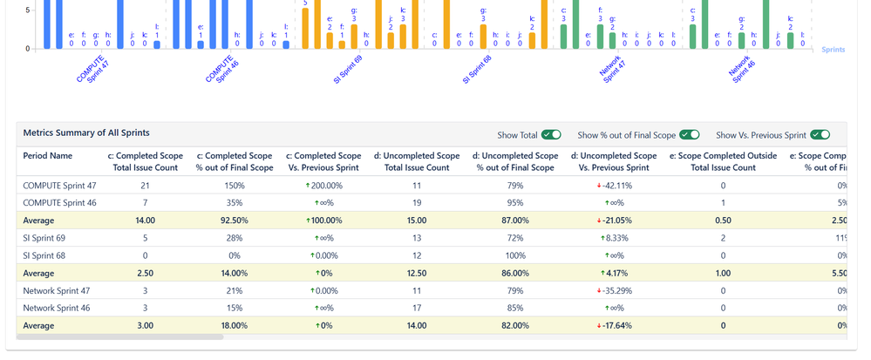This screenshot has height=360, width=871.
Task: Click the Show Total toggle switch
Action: coord(550,135)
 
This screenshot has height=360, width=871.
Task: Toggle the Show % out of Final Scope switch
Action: coord(689,135)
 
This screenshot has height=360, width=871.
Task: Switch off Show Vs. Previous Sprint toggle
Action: coord(819,135)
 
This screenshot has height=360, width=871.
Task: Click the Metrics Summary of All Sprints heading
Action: coord(85,132)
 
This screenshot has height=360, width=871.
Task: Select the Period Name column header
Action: coord(48,156)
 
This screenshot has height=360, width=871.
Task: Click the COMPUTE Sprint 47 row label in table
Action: coord(59,185)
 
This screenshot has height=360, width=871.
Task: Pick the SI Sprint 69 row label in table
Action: coord(44,237)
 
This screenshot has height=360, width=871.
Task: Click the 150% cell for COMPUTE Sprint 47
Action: coord(235,185)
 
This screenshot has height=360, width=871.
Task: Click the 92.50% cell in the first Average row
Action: coord(235,221)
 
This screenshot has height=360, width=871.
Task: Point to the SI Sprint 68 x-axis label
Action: coord(477,68)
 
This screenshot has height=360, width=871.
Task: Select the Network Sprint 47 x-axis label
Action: coord(613,68)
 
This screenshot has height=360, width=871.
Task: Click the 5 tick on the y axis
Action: coord(28,10)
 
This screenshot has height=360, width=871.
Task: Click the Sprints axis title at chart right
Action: coord(833,50)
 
